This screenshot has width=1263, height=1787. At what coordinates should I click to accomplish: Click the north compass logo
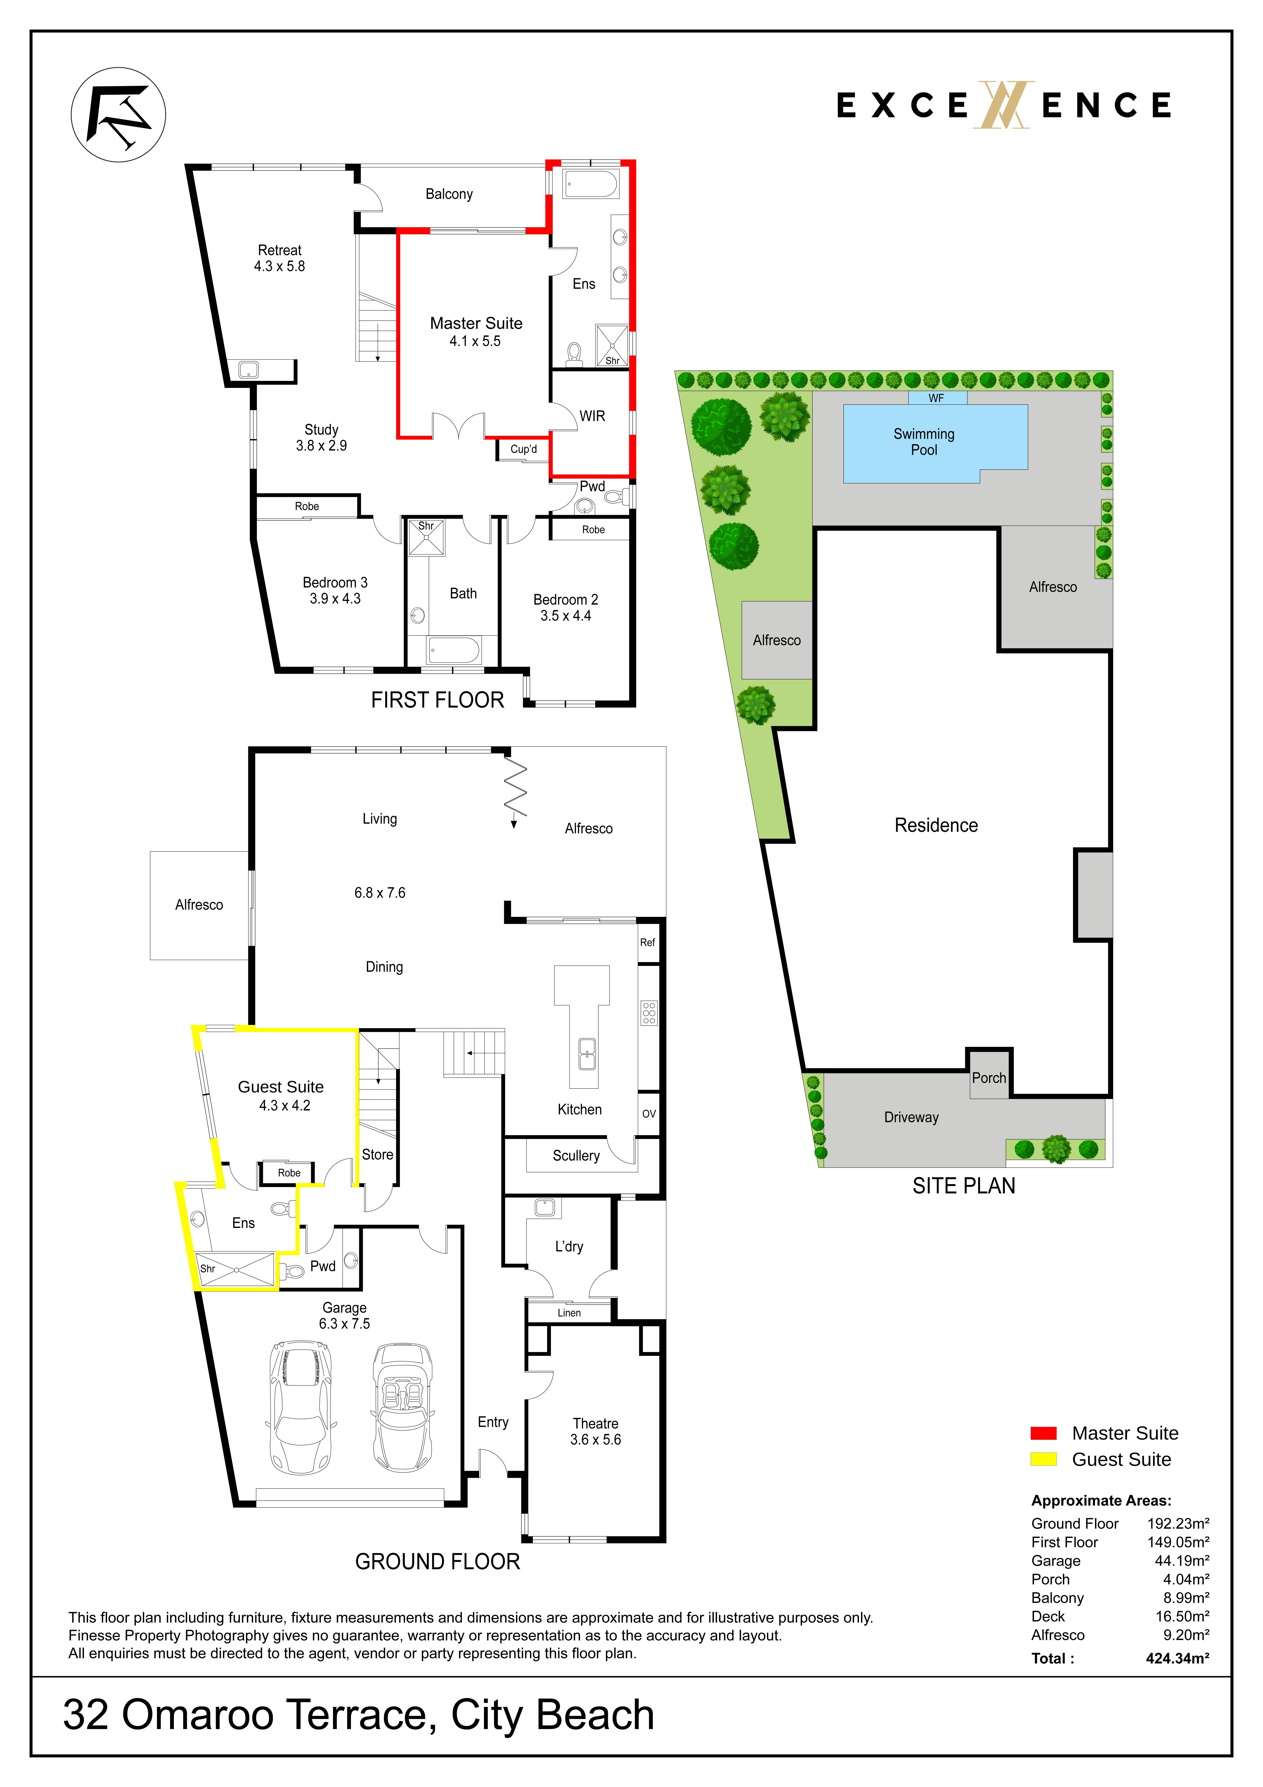pos(118,114)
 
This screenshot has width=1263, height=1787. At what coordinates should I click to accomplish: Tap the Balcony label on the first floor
pos(449,194)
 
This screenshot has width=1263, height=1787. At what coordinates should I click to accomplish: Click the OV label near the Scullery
pos(649,1114)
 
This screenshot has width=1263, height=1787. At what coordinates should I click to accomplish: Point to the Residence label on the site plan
pos(936,825)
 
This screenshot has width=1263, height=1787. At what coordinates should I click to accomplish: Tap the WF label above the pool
pos(936,398)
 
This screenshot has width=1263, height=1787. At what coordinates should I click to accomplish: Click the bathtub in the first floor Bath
pos(454,650)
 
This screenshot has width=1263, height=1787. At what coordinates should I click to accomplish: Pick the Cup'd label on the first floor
pos(524,449)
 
